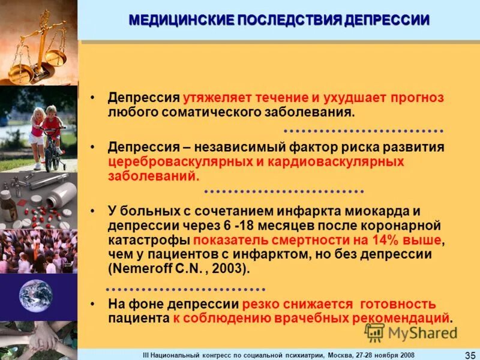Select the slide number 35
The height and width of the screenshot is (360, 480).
point(470,355)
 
